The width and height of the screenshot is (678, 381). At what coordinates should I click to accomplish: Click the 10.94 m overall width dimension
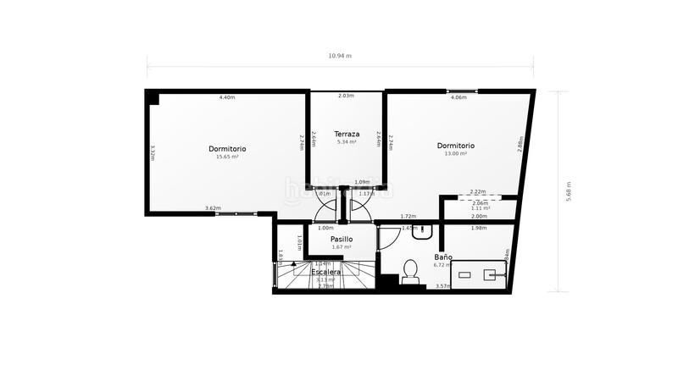pyautogui.click(x=339, y=56)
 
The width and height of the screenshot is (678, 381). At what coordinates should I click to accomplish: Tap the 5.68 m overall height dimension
pyautogui.click(x=569, y=192)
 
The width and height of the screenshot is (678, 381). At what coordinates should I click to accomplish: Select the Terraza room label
pyautogui.click(x=347, y=134)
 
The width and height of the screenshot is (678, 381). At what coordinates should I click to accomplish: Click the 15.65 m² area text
pyautogui.click(x=227, y=157)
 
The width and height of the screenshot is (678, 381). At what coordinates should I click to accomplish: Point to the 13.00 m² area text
pyautogui.click(x=455, y=154)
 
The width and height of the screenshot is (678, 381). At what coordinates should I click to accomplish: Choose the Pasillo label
pyautogui.click(x=342, y=239)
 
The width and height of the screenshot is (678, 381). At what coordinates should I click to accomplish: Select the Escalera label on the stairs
pyautogui.click(x=326, y=272)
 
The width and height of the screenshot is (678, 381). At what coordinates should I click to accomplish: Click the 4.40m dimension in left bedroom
pyautogui.click(x=227, y=97)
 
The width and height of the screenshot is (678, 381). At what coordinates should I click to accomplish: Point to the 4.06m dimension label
pyautogui.click(x=458, y=97)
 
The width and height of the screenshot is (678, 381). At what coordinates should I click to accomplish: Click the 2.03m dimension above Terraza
pyautogui.click(x=346, y=97)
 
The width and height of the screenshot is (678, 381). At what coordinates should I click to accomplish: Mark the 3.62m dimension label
pyautogui.click(x=213, y=208)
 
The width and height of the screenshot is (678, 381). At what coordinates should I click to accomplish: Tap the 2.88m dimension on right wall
pyautogui.click(x=520, y=145)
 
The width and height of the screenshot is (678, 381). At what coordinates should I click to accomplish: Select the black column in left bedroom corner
pyautogui.click(x=153, y=97)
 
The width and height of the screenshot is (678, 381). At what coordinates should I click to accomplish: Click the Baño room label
pyautogui.click(x=442, y=257)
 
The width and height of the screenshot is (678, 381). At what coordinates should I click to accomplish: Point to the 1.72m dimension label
pyautogui.click(x=408, y=217)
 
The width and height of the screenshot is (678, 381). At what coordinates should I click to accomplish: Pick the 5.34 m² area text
pyautogui.click(x=347, y=142)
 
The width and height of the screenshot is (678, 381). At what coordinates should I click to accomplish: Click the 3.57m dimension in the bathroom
pyautogui.click(x=442, y=286)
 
